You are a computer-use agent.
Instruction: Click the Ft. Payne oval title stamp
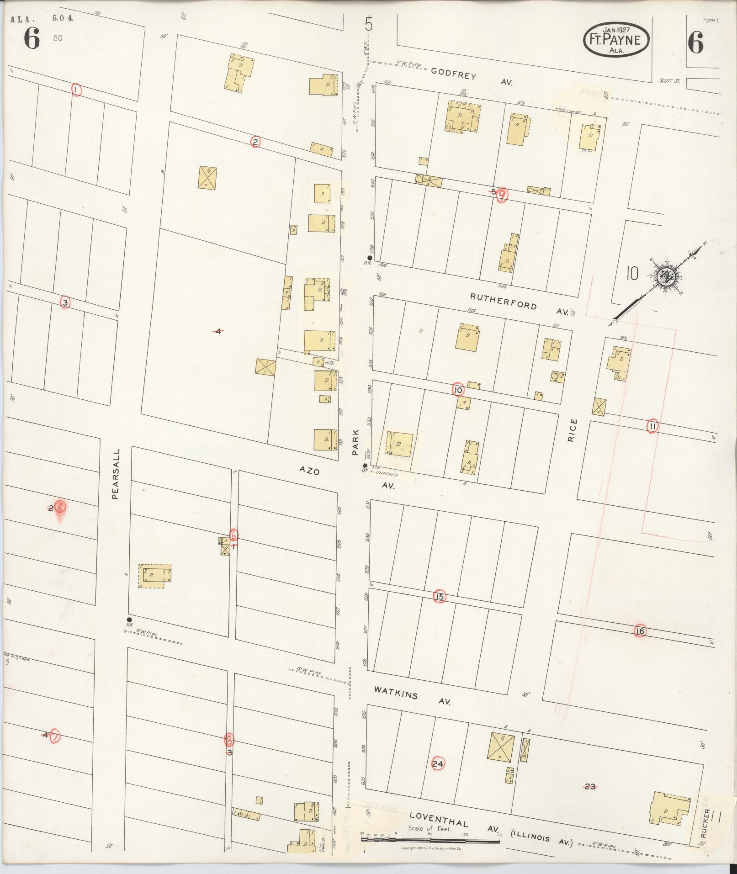click(x=616, y=41)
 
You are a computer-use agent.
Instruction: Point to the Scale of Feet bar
click(x=430, y=839)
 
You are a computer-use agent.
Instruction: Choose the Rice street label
click(x=573, y=430)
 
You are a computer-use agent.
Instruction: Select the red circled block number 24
click(x=437, y=763)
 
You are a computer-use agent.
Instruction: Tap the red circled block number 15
click(x=440, y=597)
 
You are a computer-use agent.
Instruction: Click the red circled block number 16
click(x=640, y=631)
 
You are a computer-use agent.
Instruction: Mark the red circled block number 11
click(x=652, y=426)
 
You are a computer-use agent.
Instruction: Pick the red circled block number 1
click(x=76, y=90)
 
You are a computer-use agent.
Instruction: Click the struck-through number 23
click(x=590, y=786)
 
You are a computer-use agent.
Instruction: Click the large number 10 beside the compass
click(x=632, y=274)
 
